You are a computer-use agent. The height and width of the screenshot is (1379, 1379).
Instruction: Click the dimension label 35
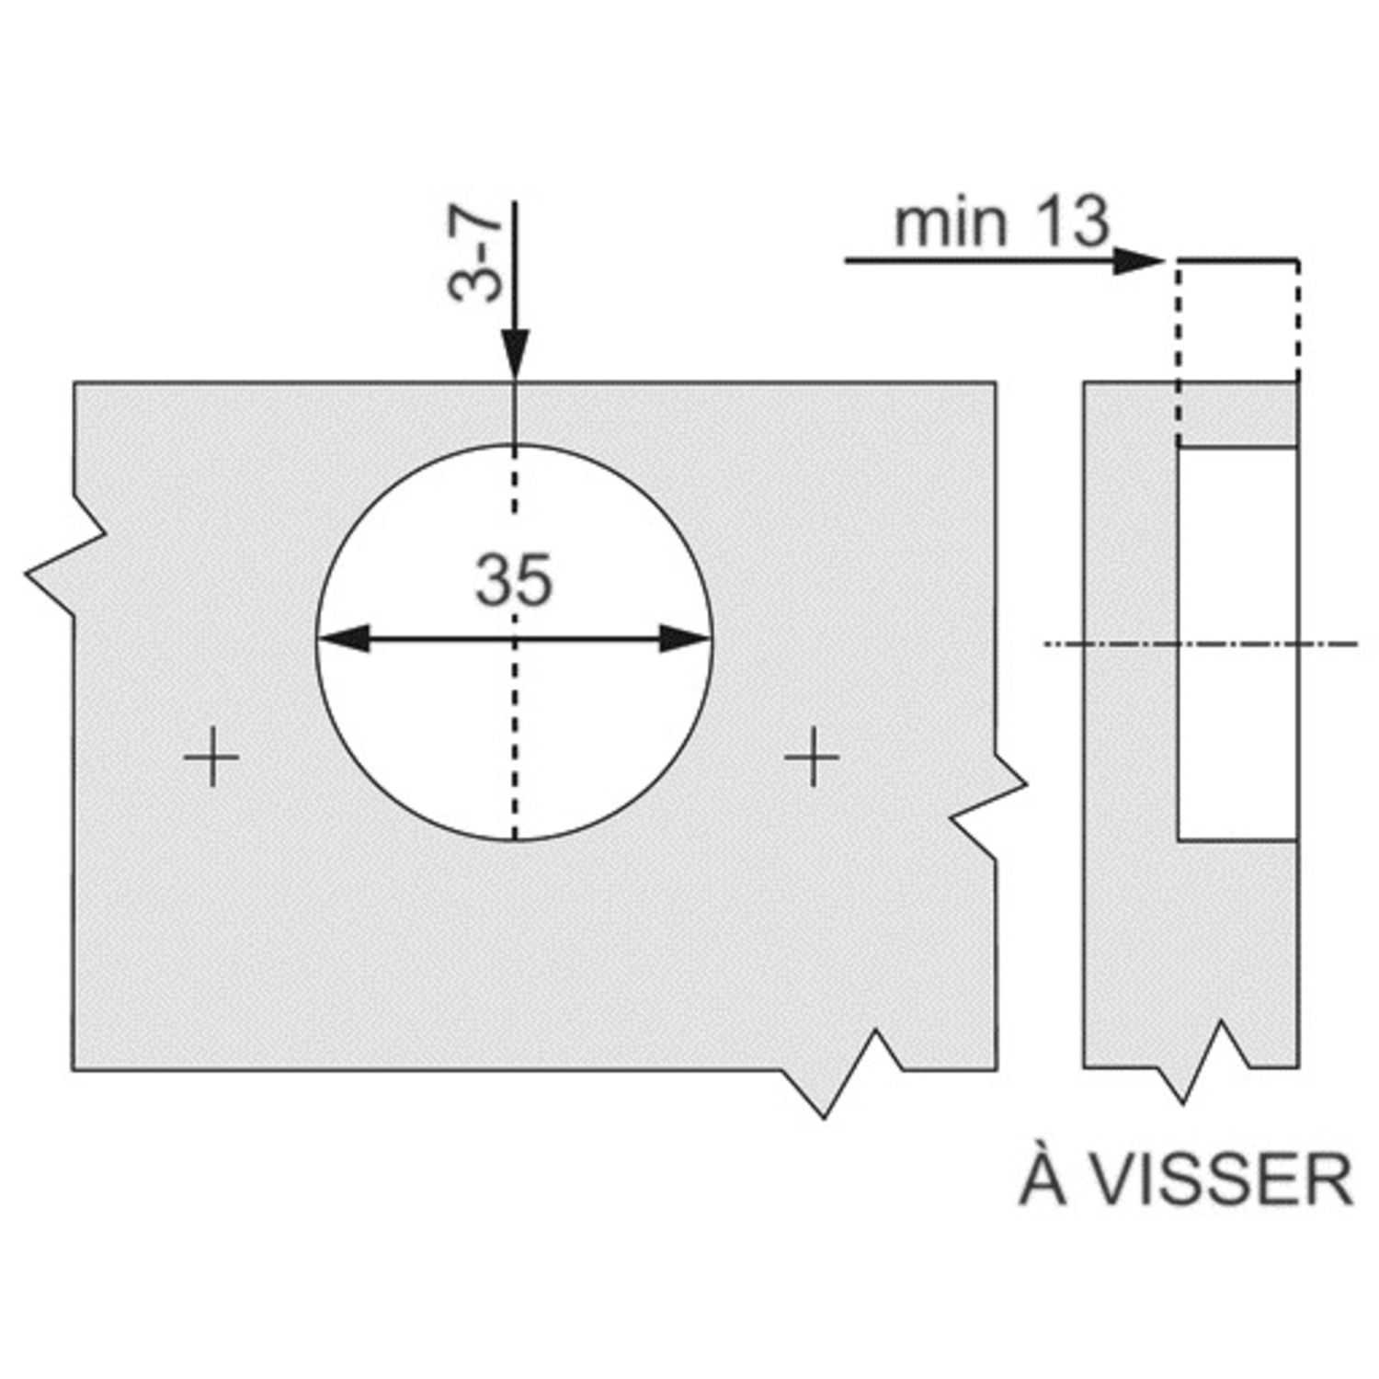tap(514, 580)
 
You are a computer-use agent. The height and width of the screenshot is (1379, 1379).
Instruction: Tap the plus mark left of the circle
tap(211, 758)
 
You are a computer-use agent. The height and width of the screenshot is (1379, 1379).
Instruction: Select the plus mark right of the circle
tap(812, 758)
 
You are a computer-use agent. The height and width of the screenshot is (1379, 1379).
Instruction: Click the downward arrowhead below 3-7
tap(515, 353)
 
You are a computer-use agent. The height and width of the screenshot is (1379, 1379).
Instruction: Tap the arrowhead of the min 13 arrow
tap(1139, 261)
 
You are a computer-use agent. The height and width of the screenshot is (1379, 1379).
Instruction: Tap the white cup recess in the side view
tap(1237, 644)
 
